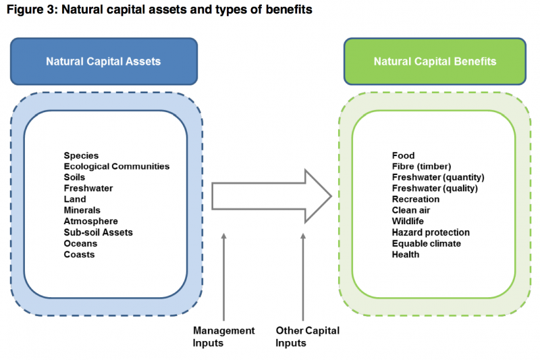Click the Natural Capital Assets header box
click(103, 61)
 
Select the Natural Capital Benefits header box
click(435, 61)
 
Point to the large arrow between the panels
click(270, 196)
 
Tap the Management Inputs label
click(223, 336)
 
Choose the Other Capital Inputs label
click(307, 336)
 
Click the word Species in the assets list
click(81, 155)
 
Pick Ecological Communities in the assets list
click(117, 166)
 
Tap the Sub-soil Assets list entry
click(98, 232)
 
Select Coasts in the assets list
click(79, 255)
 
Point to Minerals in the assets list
click(82, 210)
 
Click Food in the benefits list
click(403, 155)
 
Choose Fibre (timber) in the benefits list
click(421, 166)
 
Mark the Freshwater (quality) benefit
click(435, 188)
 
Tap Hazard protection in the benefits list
click(431, 232)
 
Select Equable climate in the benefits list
click(427, 243)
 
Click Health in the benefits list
click(406, 255)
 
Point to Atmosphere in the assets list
click(90, 222)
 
